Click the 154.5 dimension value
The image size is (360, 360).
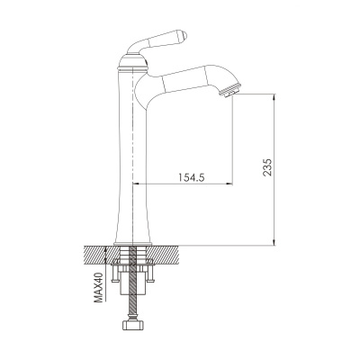pos(192,177)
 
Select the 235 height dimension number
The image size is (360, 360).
pos(267,167)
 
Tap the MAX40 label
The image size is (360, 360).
pos(98,287)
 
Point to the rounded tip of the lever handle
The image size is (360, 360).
pos(184,35)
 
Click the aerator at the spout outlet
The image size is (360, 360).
pos(230,91)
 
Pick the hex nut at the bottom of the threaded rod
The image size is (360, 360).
pos(132,325)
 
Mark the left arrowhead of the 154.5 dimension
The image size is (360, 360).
pos(136,184)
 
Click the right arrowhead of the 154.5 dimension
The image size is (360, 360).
pos(229,184)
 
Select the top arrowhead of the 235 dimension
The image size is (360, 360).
pos(274,97)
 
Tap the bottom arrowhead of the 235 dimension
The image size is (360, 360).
pos(274,242)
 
